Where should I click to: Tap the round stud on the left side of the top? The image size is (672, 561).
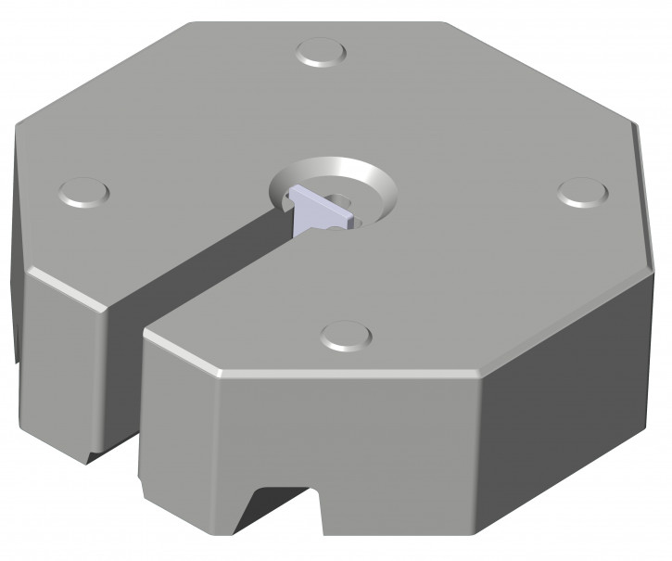point(83,193)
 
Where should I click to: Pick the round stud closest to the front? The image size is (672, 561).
point(344,335)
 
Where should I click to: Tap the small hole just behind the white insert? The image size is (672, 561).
point(341,198)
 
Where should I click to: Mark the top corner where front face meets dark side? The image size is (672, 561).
point(482,377)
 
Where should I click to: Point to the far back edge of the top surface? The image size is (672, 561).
point(315,23)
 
